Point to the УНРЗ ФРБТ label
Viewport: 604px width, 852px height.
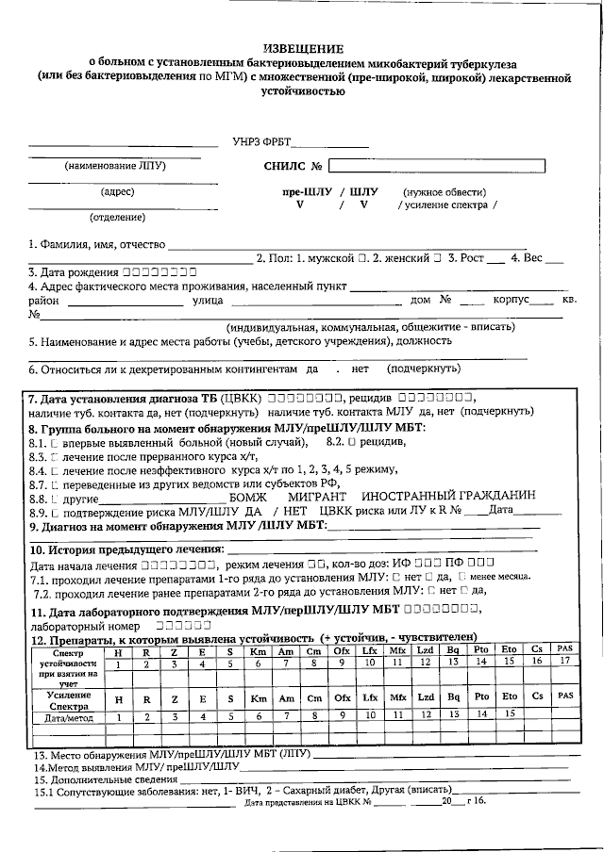pyautogui.click(x=261, y=143)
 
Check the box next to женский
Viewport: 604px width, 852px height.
pyautogui.click(x=437, y=257)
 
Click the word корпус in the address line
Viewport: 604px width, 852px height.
pyautogui.click(x=510, y=301)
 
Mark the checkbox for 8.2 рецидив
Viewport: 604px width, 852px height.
pyautogui.click(x=350, y=442)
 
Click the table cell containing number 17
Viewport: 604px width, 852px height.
pyautogui.click(x=565, y=663)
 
